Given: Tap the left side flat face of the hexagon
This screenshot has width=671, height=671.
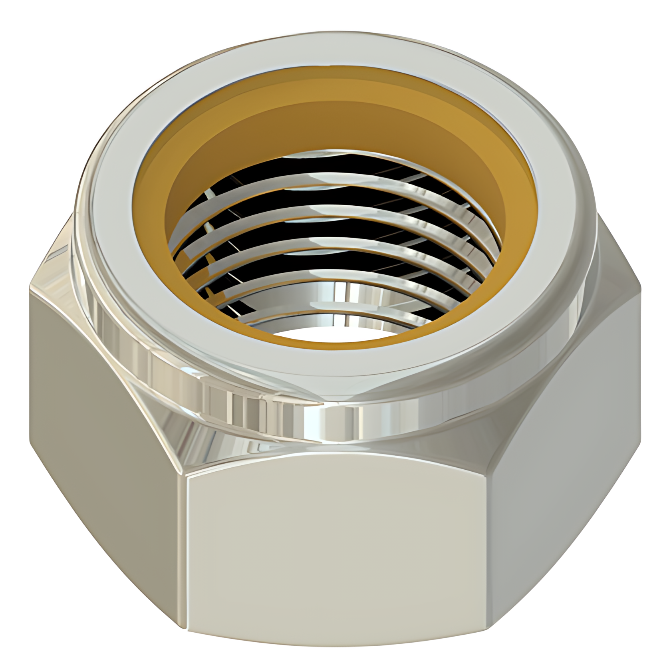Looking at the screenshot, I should (x=100, y=419).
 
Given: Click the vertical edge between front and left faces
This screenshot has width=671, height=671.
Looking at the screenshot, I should (x=186, y=555).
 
